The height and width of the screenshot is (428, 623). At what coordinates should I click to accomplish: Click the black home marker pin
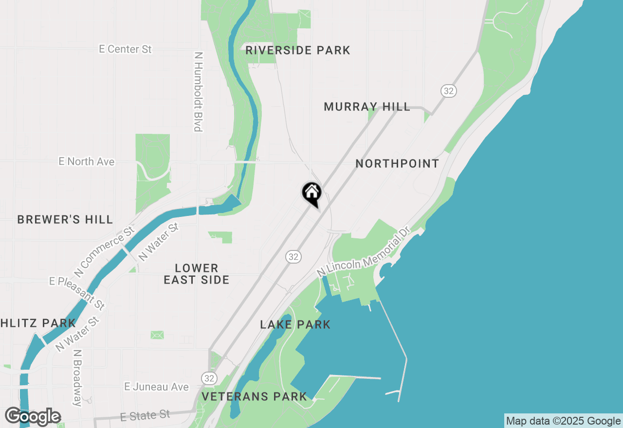click(311, 192)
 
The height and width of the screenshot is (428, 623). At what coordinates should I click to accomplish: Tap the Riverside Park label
click(298, 50)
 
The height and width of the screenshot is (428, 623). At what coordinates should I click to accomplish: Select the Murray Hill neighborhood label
click(367, 107)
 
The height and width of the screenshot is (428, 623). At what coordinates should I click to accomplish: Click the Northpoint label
click(397, 163)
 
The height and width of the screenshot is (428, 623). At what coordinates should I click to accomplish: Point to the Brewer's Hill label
click(65, 219)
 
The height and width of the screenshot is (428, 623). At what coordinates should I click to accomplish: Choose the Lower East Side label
click(197, 274)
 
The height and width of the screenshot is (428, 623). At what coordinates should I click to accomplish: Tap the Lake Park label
click(295, 324)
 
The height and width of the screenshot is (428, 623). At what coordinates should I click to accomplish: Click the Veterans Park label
click(255, 396)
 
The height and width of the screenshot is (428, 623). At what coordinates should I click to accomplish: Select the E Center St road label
click(126, 49)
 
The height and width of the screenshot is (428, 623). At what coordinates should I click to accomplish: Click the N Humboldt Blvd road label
click(198, 92)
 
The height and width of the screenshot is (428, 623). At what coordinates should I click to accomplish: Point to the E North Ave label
click(87, 161)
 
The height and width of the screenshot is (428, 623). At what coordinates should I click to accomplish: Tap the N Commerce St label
click(104, 251)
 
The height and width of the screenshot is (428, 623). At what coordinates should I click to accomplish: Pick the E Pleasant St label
click(77, 293)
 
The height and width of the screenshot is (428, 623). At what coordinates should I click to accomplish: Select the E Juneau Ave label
click(156, 387)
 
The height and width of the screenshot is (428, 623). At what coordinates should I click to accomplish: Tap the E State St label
click(145, 416)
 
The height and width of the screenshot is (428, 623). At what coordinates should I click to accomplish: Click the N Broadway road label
click(77, 377)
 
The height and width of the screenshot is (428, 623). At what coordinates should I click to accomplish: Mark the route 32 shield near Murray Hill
click(448, 90)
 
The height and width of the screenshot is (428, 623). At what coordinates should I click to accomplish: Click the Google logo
click(33, 416)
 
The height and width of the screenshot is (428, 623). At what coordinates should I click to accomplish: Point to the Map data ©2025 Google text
click(563, 421)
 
